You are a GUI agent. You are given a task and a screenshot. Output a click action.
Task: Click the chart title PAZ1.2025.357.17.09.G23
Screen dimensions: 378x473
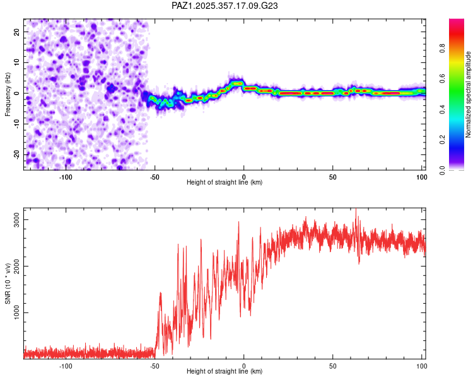point(225,6)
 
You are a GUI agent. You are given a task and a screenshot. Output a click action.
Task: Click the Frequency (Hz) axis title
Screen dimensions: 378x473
point(8,93)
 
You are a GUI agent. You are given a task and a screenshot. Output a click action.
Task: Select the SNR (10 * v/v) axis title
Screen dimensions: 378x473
point(8,283)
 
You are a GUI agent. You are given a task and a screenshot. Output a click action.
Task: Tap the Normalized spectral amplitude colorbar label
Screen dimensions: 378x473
point(468,94)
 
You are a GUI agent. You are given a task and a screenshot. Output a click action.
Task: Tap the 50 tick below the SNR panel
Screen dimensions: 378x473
point(332,365)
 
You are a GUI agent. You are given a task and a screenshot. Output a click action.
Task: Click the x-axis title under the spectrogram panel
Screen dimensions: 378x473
point(225,183)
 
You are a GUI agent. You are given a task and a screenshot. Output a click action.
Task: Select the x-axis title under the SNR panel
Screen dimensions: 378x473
point(225,372)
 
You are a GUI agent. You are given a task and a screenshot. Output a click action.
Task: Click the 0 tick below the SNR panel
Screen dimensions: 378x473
point(244,365)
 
